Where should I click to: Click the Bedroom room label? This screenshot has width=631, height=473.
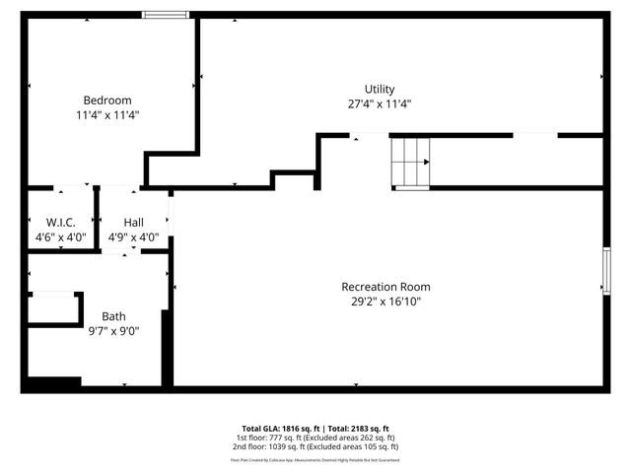(x=106, y=100)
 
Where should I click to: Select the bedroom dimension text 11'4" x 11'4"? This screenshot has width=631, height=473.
(x=106, y=114)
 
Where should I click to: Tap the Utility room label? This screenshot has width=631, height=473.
(x=379, y=89)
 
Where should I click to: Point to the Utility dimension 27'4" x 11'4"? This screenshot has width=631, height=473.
(x=379, y=103)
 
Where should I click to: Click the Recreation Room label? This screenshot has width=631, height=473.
(x=386, y=287)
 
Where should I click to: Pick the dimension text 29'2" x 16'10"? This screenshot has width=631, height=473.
(x=386, y=302)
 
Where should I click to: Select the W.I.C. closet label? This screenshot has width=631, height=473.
(x=60, y=223)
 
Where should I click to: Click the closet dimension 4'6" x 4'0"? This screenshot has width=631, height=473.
(x=60, y=237)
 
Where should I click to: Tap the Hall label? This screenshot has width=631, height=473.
(x=133, y=223)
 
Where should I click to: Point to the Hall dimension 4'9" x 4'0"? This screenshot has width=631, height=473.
(x=133, y=237)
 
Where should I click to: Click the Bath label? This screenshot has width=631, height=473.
(x=113, y=316)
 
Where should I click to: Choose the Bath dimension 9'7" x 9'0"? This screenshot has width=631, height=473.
(x=113, y=331)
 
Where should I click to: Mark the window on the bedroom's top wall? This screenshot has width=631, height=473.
(x=165, y=15)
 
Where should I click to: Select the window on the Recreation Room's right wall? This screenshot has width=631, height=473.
(x=606, y=270)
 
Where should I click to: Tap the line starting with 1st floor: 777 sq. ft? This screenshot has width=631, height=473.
(x=315, y=438)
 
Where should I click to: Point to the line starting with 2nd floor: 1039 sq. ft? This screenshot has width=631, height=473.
(x=315, y=446)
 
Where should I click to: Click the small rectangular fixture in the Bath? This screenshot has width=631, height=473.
(x=53, y=308)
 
